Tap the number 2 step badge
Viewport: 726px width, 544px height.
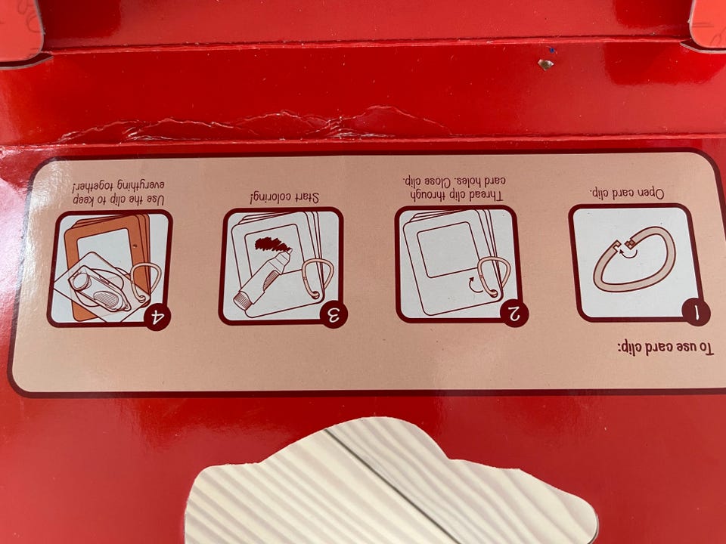[x=514, y=313]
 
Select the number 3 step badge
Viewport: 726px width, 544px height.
[x=334, y=314]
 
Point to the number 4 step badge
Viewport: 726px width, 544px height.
[x=157, y=317]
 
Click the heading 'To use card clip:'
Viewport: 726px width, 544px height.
[x=665, y=348]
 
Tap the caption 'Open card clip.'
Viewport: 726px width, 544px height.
[x=627, y=193]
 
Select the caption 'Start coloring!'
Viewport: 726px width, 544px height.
[x=284, y=197]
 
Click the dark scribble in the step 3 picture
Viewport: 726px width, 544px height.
[x=271, y=244]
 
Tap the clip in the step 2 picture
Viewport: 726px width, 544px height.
[x=494, y=276]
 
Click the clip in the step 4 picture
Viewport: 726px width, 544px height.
[x=145, y=280]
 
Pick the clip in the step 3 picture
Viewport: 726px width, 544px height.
[x=318, y=278]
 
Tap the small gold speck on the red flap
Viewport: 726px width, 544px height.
[x=545, y=63]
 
